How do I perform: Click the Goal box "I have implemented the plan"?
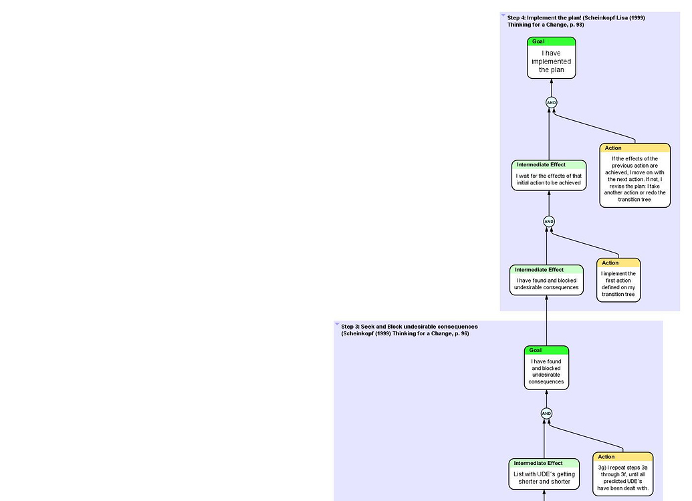point(551,61)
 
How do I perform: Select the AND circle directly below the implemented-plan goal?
point(551,103)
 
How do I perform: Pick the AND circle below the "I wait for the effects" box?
point(549,221)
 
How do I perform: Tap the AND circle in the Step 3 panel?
point(546,413)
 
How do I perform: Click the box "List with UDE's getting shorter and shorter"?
point(544,478)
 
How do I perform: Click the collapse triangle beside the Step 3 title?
point(337,324)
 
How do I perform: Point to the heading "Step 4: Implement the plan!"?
point(576,17)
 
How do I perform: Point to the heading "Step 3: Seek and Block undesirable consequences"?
point(409,327)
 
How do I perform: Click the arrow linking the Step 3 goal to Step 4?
point(546,321)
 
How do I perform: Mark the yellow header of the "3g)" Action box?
point(623,457)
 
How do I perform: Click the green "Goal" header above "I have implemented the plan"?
point(551,41)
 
